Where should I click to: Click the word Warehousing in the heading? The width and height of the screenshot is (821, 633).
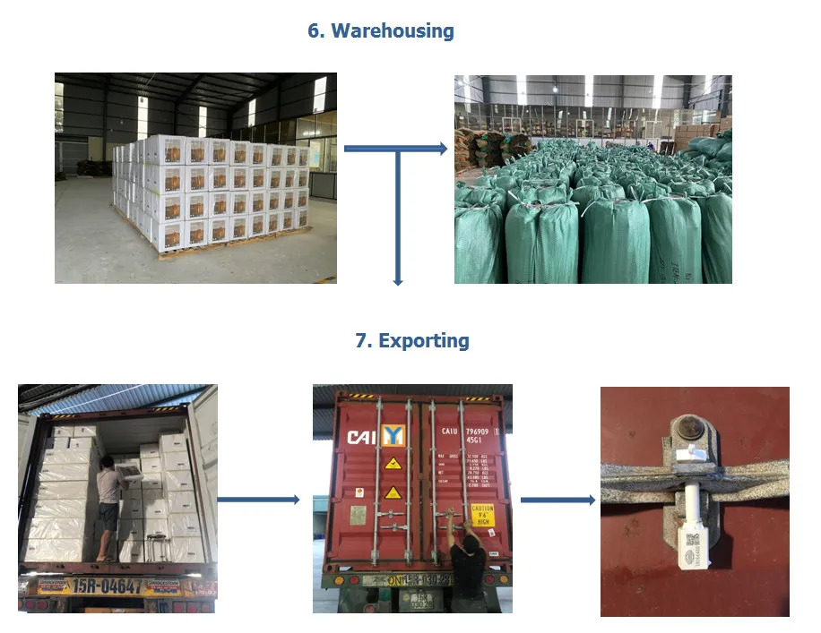[x=393, y=30]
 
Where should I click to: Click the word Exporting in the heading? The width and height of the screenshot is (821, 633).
[x=423, y=340]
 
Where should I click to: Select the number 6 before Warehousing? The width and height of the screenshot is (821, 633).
[x=315, y=30]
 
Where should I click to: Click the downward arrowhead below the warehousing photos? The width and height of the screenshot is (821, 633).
[x=397, y=281]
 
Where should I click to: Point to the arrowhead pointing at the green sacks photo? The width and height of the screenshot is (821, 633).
[x=442, y=149]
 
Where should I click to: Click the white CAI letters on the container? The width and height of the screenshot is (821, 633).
[x=362, y=437]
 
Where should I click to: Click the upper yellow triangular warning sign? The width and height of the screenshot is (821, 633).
[x=392, y=463]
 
